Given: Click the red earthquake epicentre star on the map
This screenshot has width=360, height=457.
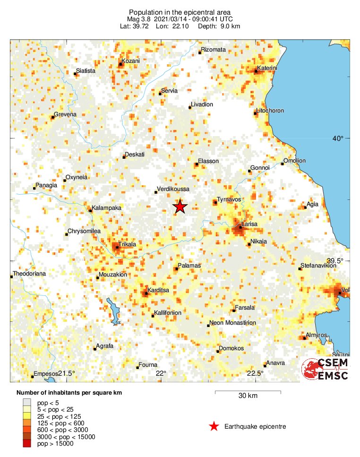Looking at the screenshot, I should [x=180, y=207].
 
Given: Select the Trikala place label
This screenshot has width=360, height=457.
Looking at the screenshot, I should [x=127, y=244].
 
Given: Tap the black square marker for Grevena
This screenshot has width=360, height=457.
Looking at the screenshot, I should [x=53, y=117].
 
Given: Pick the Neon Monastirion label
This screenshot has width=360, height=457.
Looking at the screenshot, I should [x=232, y=322].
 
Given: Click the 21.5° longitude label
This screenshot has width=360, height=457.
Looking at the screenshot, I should [x=67, y=373].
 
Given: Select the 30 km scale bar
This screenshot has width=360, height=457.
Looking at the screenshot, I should [x=248, y=392].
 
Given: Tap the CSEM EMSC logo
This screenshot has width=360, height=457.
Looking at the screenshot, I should [x=326, y=369].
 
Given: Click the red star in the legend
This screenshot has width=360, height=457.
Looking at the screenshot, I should [x=214, y=426].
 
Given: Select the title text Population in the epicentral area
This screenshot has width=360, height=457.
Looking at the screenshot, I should [x=180, y=12].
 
